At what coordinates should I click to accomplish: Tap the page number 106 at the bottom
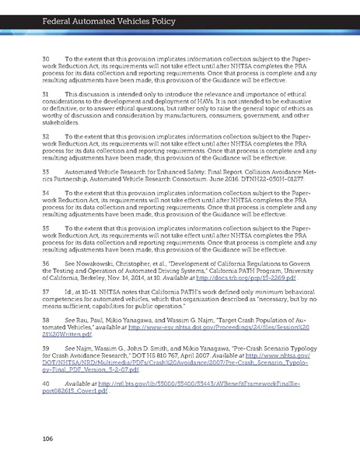(x=48, y=440)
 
